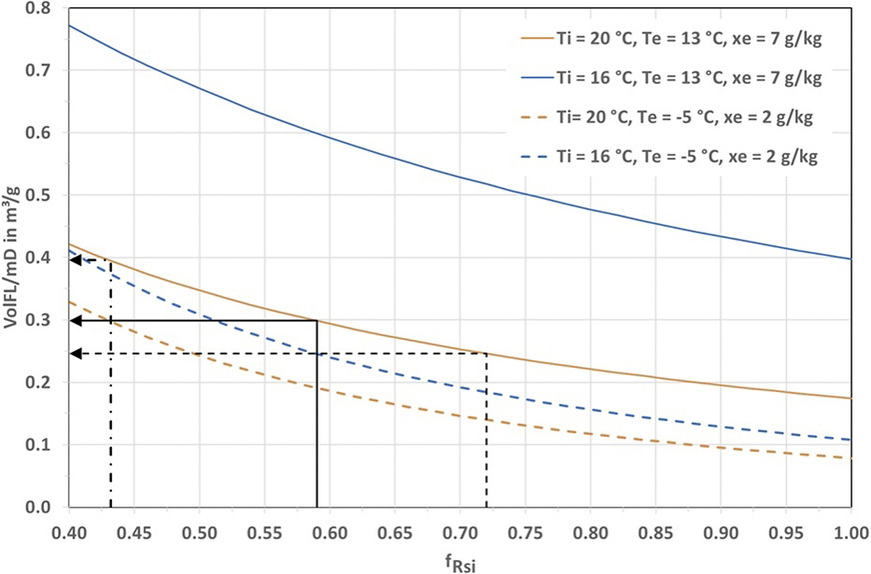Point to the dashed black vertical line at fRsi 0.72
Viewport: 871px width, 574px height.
pyautogui.click(x=486, y=430)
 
